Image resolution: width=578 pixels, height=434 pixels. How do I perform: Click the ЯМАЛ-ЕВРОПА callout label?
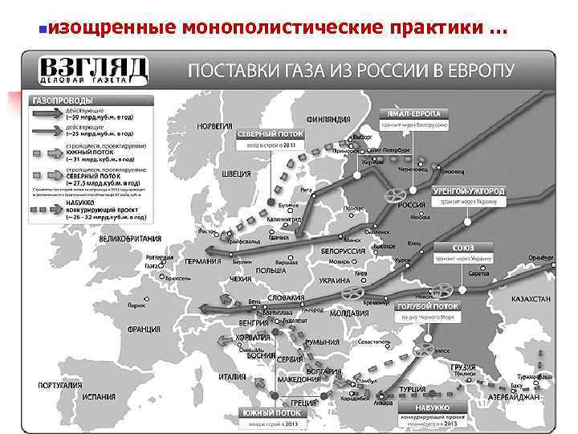pyautogui.click(x=418, y=115)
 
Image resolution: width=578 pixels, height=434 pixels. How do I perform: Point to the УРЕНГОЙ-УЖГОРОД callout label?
pyautogui.click(x=469, y=192)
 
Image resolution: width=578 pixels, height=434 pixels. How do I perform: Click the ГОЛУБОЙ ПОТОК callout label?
pyautogui.click(x=427, y=306)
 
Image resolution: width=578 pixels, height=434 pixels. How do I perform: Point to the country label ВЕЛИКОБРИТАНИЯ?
pyautogui.click(x=129, y=239)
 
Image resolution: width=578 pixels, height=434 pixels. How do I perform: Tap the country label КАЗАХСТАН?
pyautogui.click(x=531, y=299)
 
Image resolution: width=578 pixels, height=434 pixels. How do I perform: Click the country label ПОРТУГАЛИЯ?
pyautogui.click(x=60, y=385)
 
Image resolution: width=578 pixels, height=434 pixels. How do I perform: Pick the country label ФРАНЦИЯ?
pyautogui.click(x=143, y=330)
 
